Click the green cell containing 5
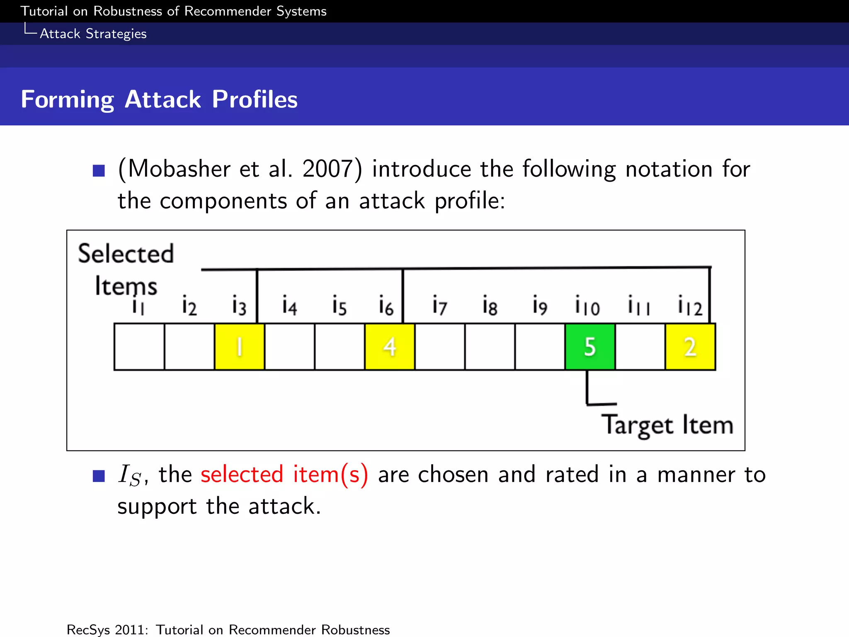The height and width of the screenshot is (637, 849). [590, 347]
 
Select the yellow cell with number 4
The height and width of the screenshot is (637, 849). [389, 347]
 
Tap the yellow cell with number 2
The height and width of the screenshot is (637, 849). [690, 347]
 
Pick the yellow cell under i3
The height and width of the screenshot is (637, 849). [239, 347]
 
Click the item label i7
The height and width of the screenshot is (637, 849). [439, 306]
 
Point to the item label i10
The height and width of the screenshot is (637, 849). [587, 306]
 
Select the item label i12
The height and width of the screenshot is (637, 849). [690, 306]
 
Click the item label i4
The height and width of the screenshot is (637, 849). [289, 306]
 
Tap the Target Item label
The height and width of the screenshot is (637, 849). [667, 425]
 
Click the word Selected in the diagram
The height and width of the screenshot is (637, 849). [126, 253]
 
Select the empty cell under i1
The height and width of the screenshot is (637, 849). [139, 347]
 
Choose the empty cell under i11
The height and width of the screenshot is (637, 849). [640, 347]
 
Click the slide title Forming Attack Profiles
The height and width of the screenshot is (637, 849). [159, 100]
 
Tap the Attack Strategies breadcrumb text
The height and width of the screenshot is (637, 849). [93, 34]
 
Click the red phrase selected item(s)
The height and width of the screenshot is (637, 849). [284, 474]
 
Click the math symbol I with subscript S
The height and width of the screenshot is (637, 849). [129, 475]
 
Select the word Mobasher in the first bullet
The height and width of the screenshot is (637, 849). [179, 169]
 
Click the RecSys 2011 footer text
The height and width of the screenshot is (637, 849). [228, 630]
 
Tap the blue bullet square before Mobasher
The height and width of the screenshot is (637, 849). [99, 170]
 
